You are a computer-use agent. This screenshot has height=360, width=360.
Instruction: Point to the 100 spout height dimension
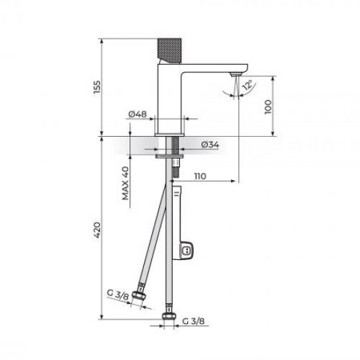click(269, 106)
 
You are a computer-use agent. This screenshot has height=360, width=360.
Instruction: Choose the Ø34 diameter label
click(210, 145)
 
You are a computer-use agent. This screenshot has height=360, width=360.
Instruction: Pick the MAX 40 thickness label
click(125, 183)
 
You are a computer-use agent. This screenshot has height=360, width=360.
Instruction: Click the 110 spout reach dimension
click(202, 175)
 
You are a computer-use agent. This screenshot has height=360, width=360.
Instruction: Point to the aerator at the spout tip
click(234, 75)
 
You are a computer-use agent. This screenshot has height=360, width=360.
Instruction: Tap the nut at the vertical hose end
click(172, 316)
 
